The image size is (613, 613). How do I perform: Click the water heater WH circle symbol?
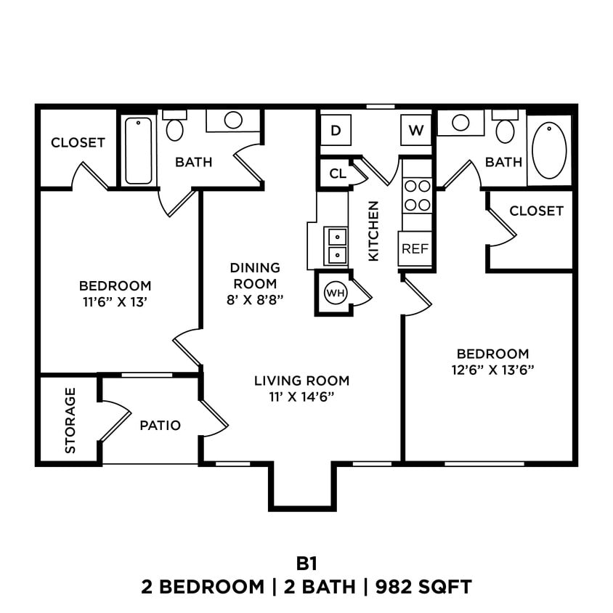[334, 293]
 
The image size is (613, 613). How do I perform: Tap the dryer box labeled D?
[336, 131]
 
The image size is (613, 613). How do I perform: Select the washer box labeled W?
[415, 131]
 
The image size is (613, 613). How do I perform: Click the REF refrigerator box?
[415, 248]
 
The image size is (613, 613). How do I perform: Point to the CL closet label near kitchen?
[337, 174]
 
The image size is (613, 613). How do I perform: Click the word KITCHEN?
[373, 231]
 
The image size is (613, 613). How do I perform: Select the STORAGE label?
[70, 420]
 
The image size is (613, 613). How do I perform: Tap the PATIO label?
[160, 426]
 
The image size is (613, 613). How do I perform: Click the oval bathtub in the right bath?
[549, 150]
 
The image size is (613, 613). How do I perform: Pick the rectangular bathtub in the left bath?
[138, 150]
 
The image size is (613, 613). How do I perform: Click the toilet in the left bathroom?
[174, 126]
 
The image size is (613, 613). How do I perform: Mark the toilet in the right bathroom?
[505, 127]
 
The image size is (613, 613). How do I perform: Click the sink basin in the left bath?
[233, 121]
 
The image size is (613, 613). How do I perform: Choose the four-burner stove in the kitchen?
[418, 195]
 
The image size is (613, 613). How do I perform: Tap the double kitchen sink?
[337, 245]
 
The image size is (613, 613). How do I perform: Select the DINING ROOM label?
[254, 275]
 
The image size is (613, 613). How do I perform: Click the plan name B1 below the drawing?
[306, 563]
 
